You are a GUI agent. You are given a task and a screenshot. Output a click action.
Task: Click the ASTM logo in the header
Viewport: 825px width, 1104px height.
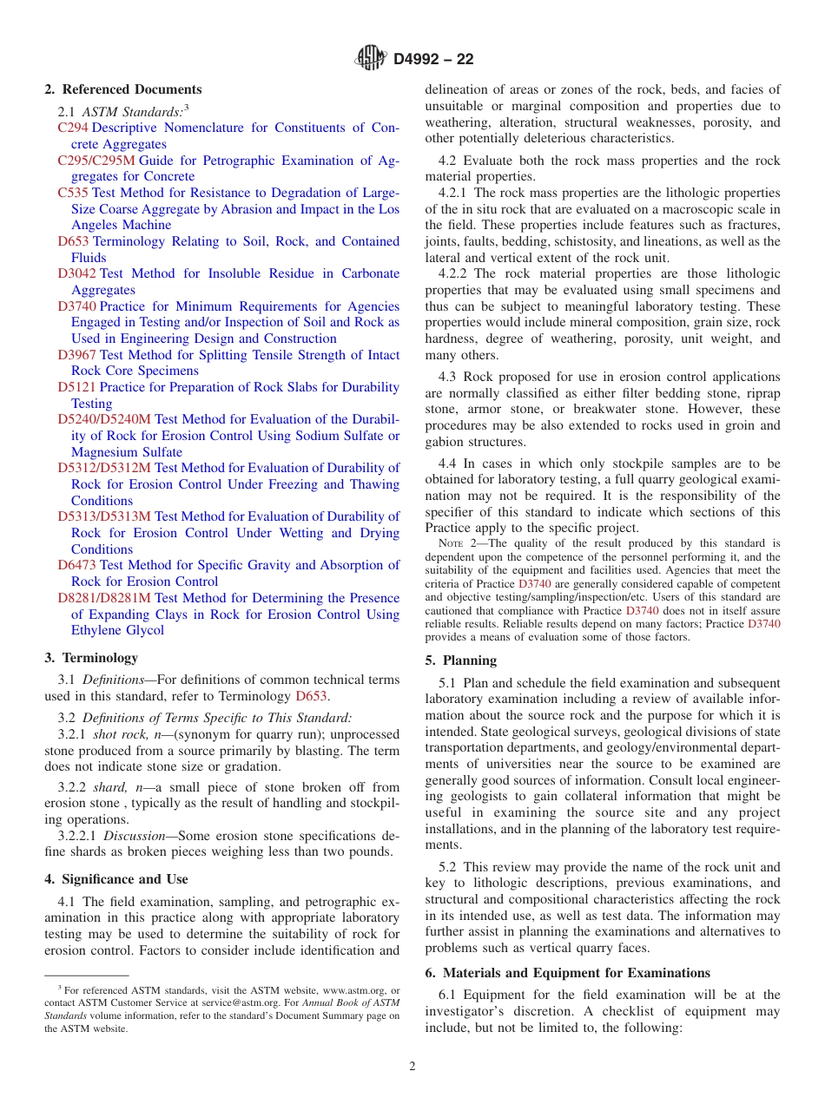[371, 59]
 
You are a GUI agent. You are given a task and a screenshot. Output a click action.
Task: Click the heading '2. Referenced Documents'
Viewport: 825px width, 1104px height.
[123, 89]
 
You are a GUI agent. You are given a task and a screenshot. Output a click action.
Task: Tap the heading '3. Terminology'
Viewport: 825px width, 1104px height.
[91, 658]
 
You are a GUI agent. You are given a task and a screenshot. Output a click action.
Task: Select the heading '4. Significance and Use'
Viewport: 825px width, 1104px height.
[116, 879]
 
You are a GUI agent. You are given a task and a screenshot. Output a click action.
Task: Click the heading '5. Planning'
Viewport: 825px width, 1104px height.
[461, 660]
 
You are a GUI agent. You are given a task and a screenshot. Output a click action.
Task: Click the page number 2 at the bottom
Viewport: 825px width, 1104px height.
[412, 1067]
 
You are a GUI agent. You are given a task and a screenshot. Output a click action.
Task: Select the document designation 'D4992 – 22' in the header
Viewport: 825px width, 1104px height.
[433, 59]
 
